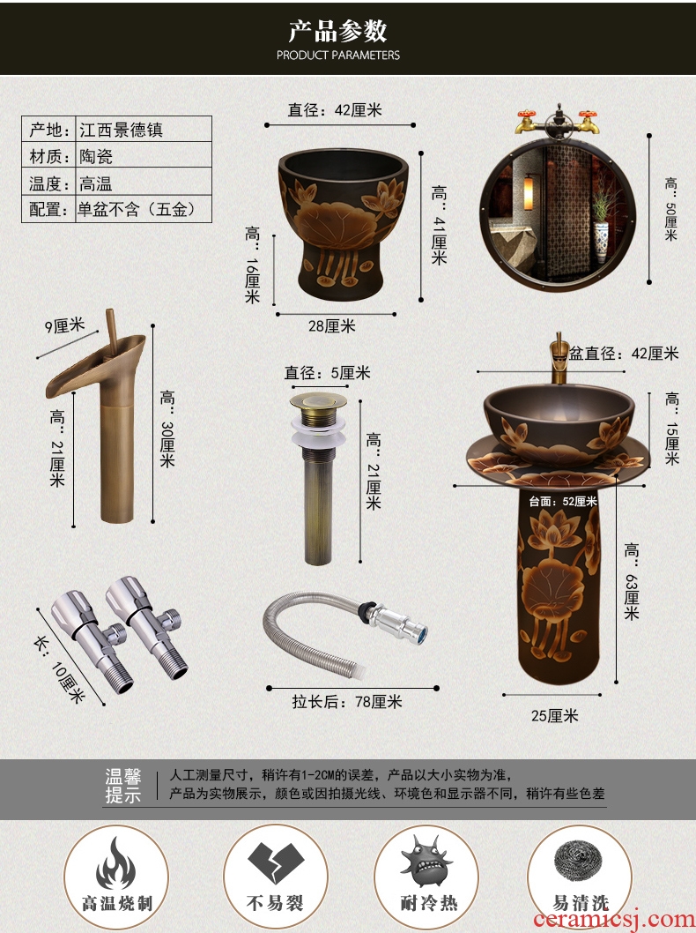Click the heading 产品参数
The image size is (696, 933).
[x=337, y=31]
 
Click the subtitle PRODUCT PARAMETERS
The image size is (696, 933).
[x=338, y=56]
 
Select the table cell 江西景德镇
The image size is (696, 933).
[x=122, y=130]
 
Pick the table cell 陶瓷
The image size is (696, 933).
[x=96, y=156]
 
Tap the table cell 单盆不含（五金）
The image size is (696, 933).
[x=137, y=210]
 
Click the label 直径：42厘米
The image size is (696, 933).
[x=335, y=110]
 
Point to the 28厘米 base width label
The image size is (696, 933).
[x=331, y=326]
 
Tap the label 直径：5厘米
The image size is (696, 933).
[x=327, y=373]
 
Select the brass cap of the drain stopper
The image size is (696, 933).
[x=319, y=401]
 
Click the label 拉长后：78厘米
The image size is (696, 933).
[x=347, y=702]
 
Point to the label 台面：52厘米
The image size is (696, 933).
[x=563, y=502]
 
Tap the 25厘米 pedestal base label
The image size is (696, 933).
[x=554, y=716]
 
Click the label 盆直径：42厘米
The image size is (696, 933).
[x=624, y=354]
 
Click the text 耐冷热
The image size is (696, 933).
[x=428, y=903]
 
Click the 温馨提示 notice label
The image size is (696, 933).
[x=123, y=786]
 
